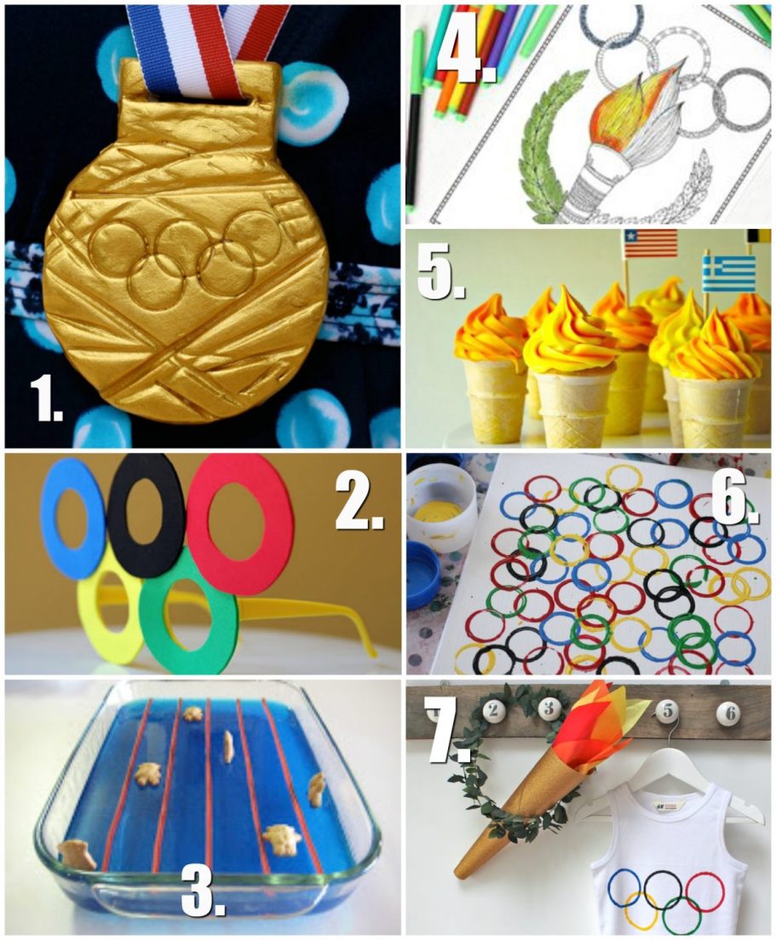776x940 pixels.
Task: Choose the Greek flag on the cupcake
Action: pyautogui.click(x=728, y=273)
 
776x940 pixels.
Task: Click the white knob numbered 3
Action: pyautogui.click(x=549, y=706)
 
